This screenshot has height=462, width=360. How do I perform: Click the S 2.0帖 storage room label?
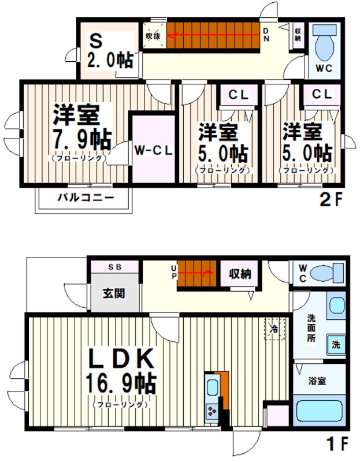[x=110, y=50]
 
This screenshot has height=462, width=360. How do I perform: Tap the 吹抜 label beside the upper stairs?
[x=153, y=36]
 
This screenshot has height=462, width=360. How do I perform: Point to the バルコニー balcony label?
[x=85, y=199]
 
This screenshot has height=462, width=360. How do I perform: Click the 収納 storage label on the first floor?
[x=239, y=274]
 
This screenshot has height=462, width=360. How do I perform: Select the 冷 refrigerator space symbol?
[x=273, y=329]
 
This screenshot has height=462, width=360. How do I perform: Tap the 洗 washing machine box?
[x=335, y=345]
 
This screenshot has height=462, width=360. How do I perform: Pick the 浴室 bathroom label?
[x=317, y=381]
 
